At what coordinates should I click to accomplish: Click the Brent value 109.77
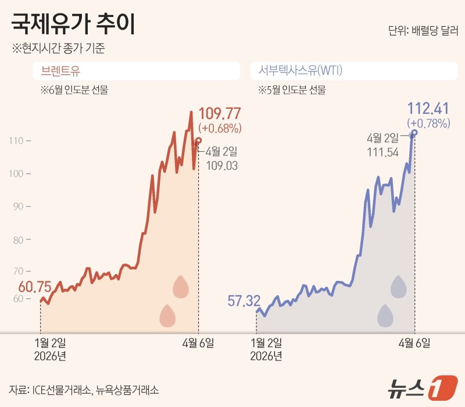click(x=220, y=114)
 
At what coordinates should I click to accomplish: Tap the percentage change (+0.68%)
click(x=220, y=127)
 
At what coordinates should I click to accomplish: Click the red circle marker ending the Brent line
click(x=199, y=140)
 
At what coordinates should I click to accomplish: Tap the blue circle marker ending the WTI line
click(x=414, y=133)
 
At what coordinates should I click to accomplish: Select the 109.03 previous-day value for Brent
click(x=222, y=166)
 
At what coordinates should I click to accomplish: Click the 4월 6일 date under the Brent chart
click(x=198, y=343)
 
